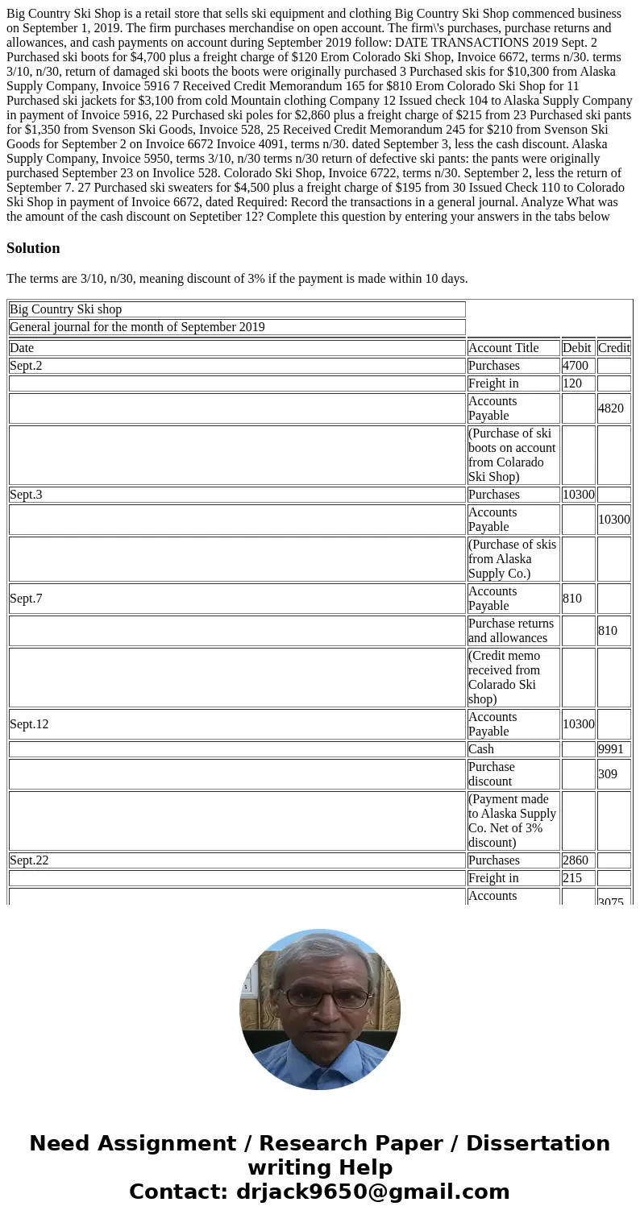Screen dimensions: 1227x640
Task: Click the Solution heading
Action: (33, 248)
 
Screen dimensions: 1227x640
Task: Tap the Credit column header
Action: (614, 348)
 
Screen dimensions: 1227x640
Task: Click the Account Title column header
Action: (513, 348)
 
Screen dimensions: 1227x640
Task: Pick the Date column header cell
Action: (237, 348)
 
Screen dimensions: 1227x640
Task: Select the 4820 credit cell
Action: (614, 408)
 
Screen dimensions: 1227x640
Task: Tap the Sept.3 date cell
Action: (237, 495)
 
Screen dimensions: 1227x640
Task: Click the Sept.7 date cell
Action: (237, 599)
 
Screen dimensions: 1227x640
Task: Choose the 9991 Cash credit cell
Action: (614, 749)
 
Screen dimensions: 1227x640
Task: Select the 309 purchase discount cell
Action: (614, 774)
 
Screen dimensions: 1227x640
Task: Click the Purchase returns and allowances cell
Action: (513, 631)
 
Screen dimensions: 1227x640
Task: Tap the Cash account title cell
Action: (513, 749)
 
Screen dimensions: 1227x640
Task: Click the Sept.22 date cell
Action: (237, 860)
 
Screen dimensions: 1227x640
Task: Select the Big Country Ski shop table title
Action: (237, 309)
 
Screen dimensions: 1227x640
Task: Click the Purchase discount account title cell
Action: (513, 774)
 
